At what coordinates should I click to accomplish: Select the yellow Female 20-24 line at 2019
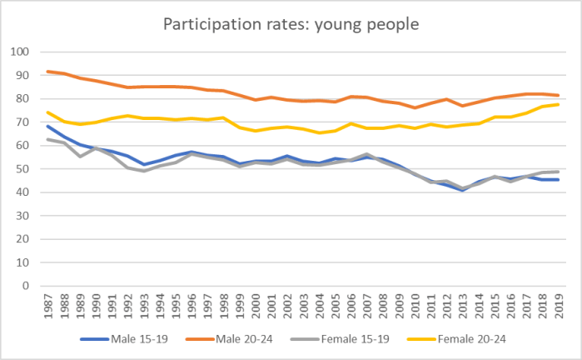pyautogui.click(x=557, y=104)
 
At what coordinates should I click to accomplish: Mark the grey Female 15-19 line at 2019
pyautogui.click(x=557, y=172)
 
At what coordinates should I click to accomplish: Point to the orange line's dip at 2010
pyautogui.click(x=415, y=107)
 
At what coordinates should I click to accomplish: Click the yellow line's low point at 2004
pyautogui.click(x=319, y=132)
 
